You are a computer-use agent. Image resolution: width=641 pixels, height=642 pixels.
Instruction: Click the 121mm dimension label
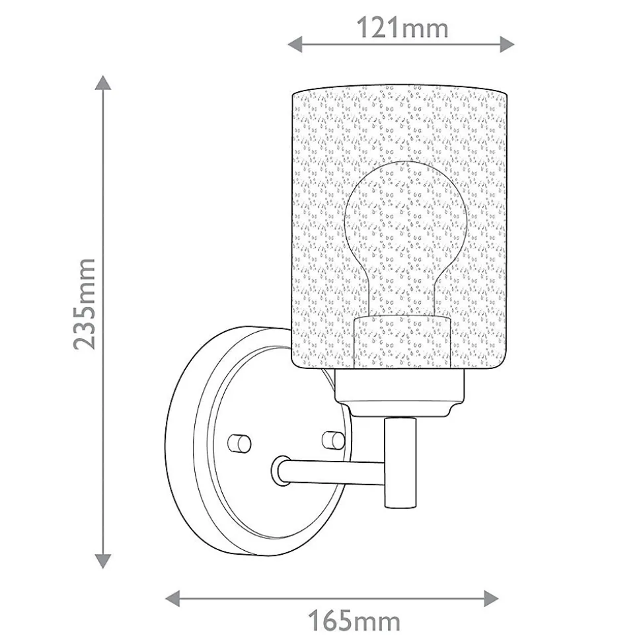(x=402, y=28)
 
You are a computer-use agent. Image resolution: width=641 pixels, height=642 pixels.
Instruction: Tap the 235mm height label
(x=85, y=304)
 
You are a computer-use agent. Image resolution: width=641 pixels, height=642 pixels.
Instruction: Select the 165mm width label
(x=354, y=621)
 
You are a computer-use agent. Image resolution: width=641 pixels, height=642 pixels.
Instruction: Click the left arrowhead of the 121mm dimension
(x=295, y=44)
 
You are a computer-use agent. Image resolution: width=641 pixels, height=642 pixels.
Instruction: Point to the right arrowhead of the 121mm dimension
(x=507, y=44)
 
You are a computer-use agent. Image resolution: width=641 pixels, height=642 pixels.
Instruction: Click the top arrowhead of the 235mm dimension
(x=103, y=83)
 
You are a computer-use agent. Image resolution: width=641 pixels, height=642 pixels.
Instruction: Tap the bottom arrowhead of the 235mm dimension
(x=103, y=561)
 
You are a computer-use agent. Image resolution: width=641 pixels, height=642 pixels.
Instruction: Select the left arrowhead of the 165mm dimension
(x=172, y=598)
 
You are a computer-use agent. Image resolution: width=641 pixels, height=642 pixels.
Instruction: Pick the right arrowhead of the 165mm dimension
(x=491, y=598)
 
